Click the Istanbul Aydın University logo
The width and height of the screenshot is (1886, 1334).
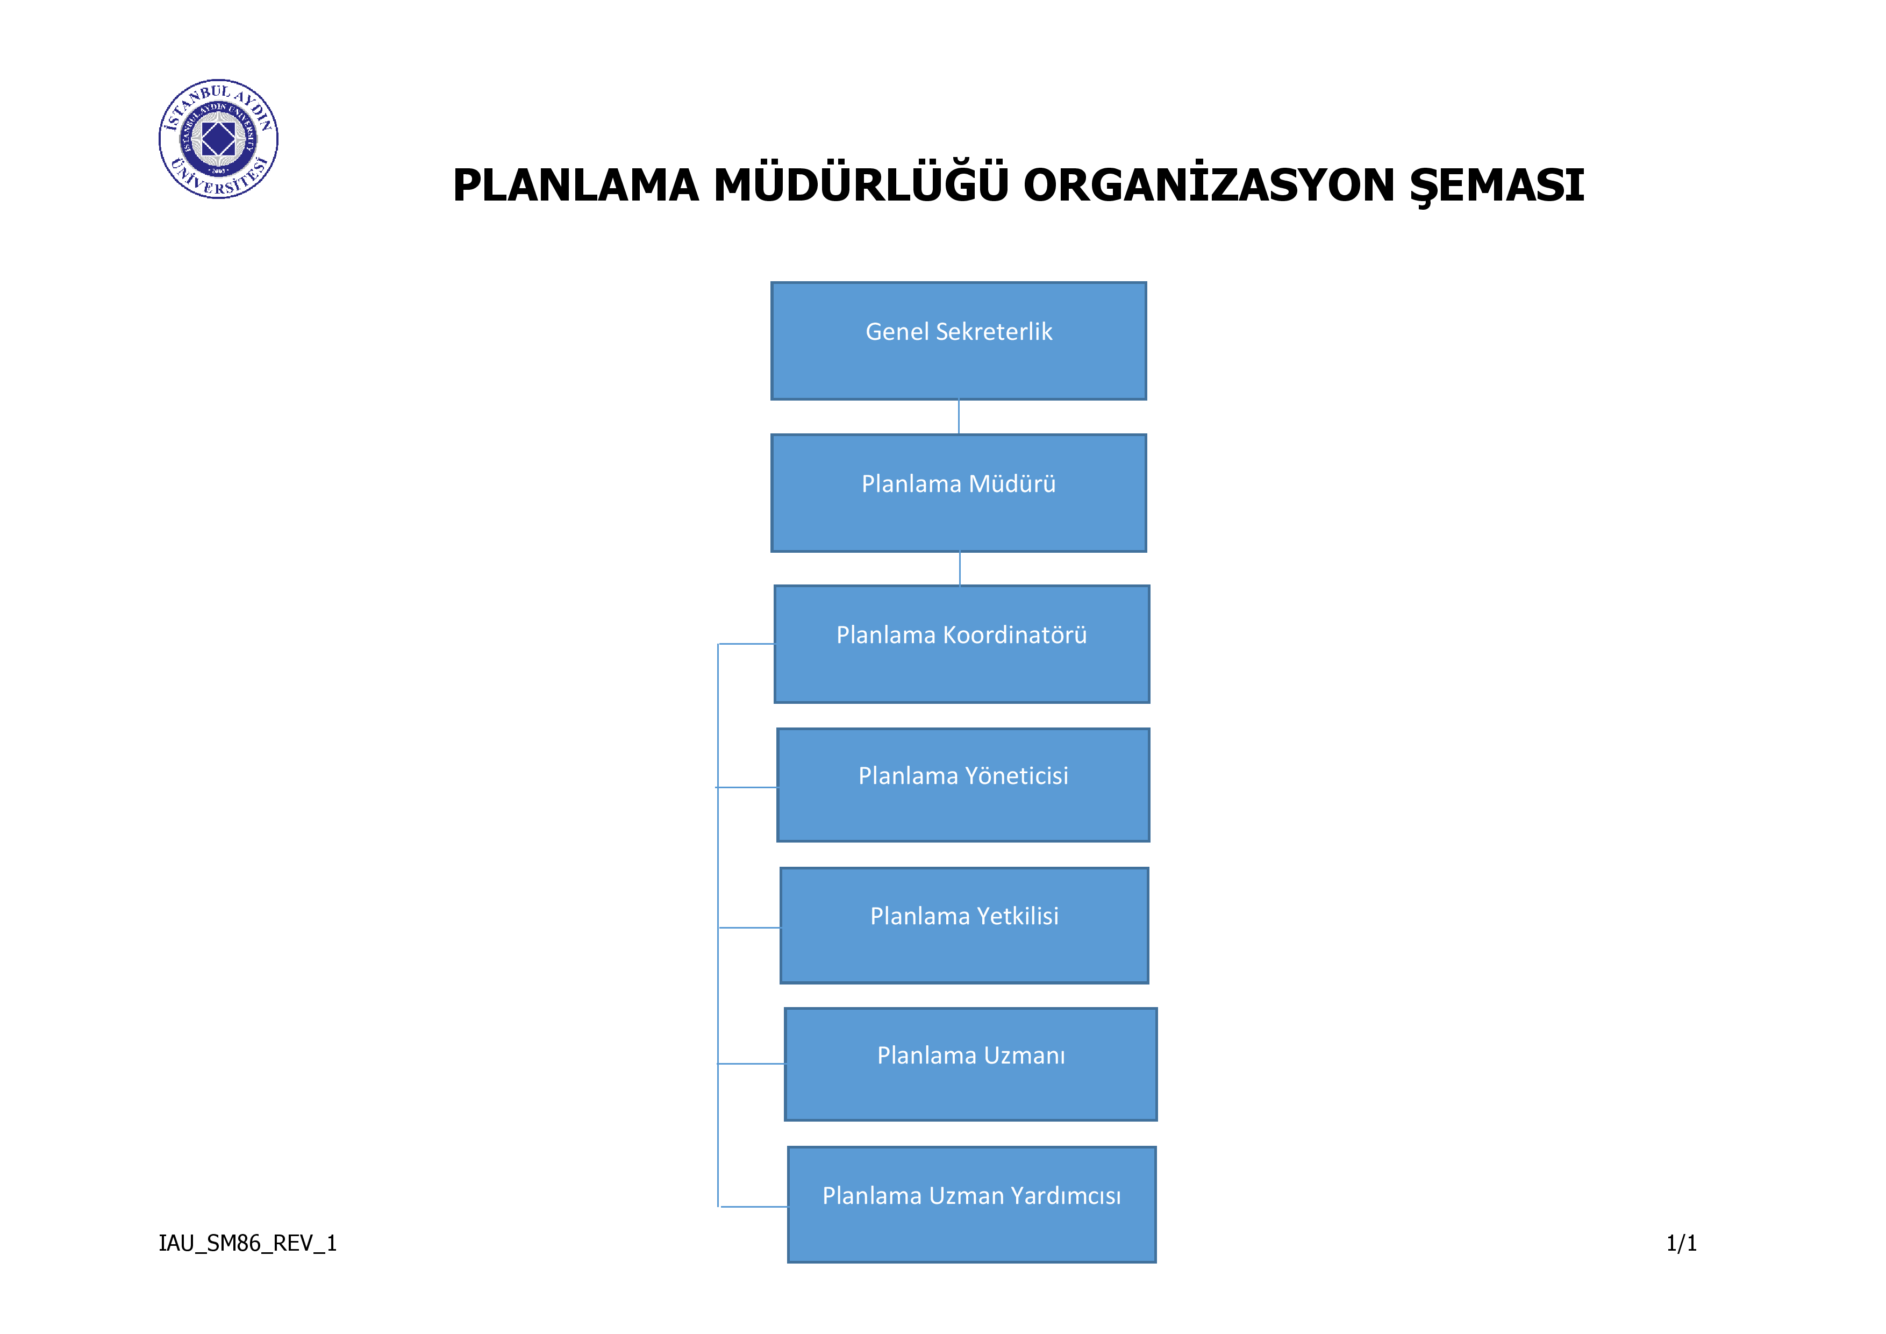click(x=218, y=139)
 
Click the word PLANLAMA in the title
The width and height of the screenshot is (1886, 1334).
click(x=576, y=186)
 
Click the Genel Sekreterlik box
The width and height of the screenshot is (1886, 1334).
click(x=959, y=341)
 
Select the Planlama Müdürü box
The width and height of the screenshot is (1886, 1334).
click(x=959, y=493)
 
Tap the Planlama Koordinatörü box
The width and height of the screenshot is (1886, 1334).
click(x=962, y=644)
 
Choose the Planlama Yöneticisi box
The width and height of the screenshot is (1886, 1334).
click(x=963, y=785)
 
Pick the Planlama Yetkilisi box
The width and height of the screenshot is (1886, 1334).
click(x=965, y=926)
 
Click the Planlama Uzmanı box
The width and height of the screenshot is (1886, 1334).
click(x=971, y=1065)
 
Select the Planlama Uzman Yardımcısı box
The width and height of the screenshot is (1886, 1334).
click(x=971, y=1205)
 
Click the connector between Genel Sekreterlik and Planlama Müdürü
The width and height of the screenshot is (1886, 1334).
click(x=959, y=417)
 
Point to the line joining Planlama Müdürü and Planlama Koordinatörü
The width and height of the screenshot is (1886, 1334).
click(x=960, y=568)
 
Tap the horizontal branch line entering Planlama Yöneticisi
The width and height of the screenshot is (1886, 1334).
click(x=747, y=788)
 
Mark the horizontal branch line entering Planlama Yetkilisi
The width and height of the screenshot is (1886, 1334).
click(x=749, y=928)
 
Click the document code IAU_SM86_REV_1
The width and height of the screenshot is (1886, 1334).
click(x=247, y=1244)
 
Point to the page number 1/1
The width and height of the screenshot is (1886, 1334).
click(x=1682, y=1244)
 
